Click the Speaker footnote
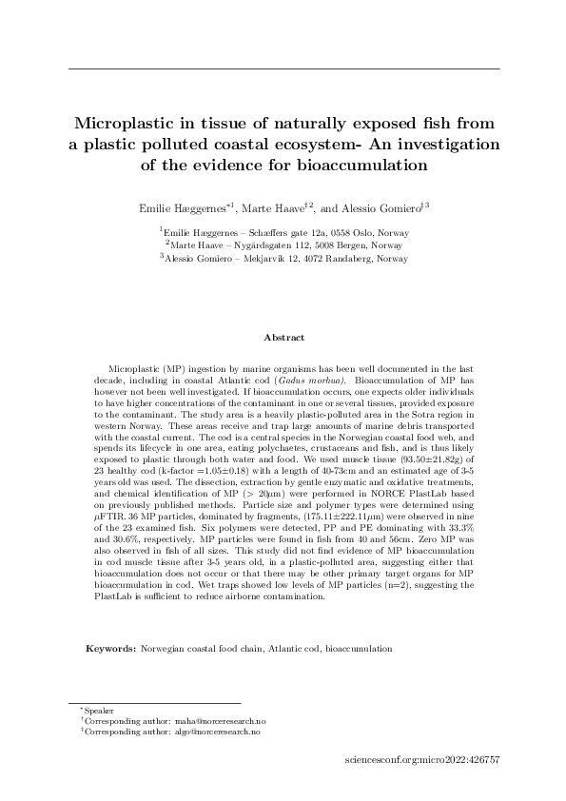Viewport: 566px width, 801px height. [99, 711]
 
